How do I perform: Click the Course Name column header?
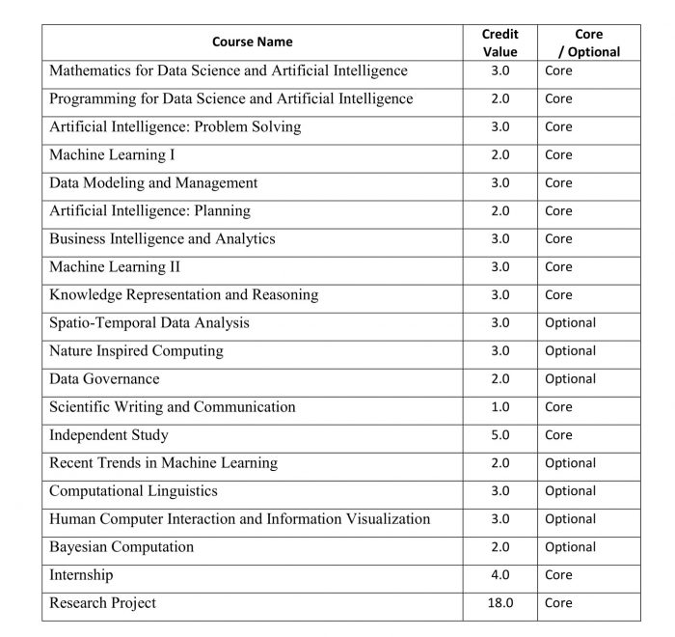(x=252, y=42)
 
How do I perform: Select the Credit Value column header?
(x=499, y=42)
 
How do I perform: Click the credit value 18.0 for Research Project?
(x=500, y=602)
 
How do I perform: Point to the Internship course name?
(x=81, y=575)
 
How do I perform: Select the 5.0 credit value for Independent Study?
(x=500, y=434)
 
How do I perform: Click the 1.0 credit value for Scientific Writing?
(x=500, y=406)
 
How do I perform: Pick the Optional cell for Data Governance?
(x=570, y=378)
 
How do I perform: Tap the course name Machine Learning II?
(x=115, y=266)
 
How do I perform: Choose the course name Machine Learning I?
(x=112, y=154)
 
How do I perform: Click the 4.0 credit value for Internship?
(x=500, y=574)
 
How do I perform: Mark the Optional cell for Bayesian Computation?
(x=570, y=546)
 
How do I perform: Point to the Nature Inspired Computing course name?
(x=136, y=350)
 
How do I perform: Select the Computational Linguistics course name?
(x=133, y=490)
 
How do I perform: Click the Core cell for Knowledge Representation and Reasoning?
(x=558, y=294)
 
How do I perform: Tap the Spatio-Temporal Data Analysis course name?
(x=149, y=322)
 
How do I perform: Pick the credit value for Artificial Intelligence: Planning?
(x=500, y=210)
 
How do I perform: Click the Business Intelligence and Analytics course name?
(x=162, y=238)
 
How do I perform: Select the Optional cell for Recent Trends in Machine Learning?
(x=570, y=462)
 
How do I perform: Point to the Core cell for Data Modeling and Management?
(x=558, y=182)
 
